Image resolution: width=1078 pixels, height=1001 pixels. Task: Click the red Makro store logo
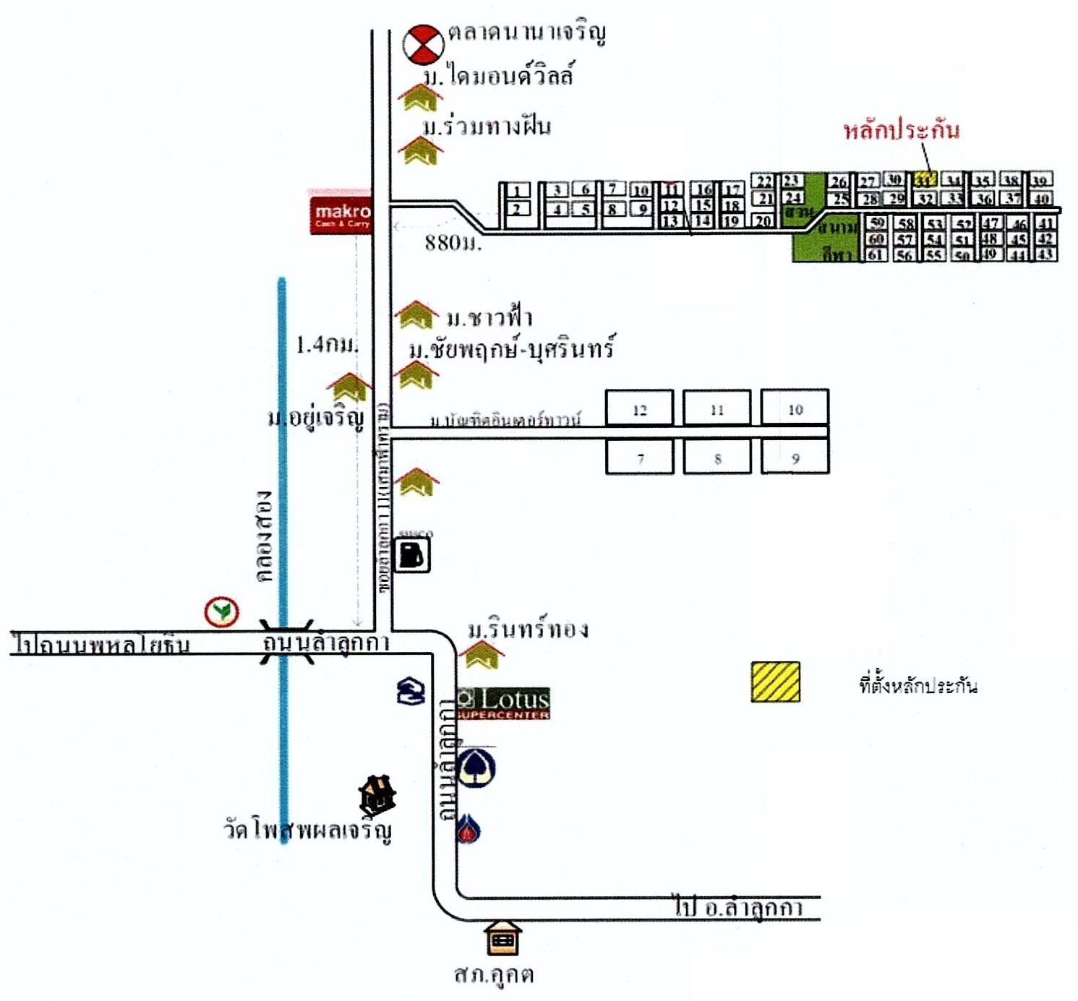[x=341, y=215]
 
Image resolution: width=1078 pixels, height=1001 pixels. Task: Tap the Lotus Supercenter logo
[x=504, y=703]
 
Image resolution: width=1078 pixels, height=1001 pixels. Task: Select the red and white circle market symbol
[x=423, y=45]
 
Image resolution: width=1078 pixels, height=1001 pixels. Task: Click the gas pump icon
[x=413, y=556]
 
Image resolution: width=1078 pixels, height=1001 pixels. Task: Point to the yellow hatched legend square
[x=775, y=682]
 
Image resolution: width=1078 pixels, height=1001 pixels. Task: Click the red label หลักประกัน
[x=902, y=130]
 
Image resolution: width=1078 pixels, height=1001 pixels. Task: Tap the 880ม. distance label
[x=453, y=243]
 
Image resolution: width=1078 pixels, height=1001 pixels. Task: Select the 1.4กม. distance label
[x=327, y=345]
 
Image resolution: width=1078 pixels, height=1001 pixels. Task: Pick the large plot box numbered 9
[x=795, y=458]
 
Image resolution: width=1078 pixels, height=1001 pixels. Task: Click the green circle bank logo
[x=222, y=612]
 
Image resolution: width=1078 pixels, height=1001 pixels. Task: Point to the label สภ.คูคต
[x=494, y=974]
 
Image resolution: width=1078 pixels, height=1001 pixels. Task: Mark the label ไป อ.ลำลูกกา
[x=738, y=907]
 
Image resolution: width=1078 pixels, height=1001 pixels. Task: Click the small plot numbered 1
[x=517, y=191]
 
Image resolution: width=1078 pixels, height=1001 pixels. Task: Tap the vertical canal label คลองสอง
[x=265, y=536]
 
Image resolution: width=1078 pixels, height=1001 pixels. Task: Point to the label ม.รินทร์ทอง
[x=528, y=630]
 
